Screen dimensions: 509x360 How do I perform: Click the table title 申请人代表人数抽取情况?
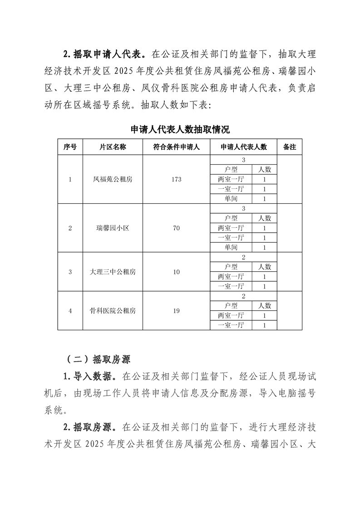click(x=180, y=129)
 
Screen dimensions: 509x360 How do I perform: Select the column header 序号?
click(x=70, y=147)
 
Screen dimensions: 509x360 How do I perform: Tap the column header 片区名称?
click(x=113, y=147)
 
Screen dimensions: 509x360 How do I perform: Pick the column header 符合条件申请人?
click(x=177, y=147)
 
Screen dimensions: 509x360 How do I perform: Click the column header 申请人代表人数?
click(x=243, y=147)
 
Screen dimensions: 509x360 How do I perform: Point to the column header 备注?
click(x=289, y=147)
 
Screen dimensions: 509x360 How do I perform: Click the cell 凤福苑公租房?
click(x=113, y=179)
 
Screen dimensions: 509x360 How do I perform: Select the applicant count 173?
click(x=177, y=179)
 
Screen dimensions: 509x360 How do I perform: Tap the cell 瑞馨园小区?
click(x=113, y=228)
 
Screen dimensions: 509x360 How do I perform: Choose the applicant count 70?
click(x=177, y=228)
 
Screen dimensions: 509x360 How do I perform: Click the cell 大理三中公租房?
click(x=113, y=272)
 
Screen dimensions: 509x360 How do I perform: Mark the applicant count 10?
click(x=177, y=272)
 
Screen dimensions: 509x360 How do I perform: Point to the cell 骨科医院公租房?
click(x=113, y=311)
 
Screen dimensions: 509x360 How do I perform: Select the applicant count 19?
click(x=177, y=311)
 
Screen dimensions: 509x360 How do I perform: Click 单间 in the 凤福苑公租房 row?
click(x=231, y=199)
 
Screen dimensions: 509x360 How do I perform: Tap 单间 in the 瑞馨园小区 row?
click(x=231, y=248)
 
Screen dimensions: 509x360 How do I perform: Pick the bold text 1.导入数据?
click(x=90, y=377)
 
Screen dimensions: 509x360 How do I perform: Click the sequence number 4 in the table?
click(x=70, y=311)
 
